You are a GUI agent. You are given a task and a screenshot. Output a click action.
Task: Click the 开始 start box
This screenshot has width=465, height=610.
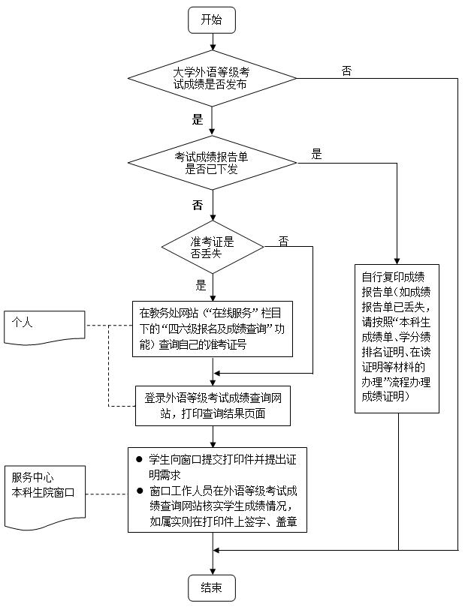tap(212, 20)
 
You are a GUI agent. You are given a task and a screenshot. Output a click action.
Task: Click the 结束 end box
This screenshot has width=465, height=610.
tap(212, 587)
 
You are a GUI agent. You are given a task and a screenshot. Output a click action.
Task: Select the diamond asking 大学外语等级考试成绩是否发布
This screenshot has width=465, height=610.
tap(212, 78)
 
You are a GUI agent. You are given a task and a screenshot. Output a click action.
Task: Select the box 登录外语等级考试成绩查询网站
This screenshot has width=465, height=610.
tap(212, 404)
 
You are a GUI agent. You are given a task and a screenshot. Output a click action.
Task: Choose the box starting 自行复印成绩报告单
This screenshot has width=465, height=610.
tap(397, 338)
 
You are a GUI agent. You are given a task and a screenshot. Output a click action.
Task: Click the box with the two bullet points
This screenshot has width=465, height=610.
tap(217, 490)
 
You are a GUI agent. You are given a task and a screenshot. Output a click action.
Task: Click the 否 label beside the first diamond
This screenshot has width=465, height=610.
tap(346, 71)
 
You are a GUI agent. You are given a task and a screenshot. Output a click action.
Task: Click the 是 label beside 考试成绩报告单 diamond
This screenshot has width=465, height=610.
tap(316, 155)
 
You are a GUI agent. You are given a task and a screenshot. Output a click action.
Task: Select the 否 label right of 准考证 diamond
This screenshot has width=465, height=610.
tap(283, 241)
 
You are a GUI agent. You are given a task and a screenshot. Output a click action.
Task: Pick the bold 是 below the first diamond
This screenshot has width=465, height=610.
tap(198, 119)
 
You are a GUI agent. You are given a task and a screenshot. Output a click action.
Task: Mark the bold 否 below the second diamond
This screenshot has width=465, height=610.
tap(198, 205)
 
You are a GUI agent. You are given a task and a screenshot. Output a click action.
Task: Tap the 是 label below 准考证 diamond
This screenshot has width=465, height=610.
tap(201, 285)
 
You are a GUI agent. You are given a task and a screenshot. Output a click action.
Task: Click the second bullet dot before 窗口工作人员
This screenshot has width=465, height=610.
tap(138, 491)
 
